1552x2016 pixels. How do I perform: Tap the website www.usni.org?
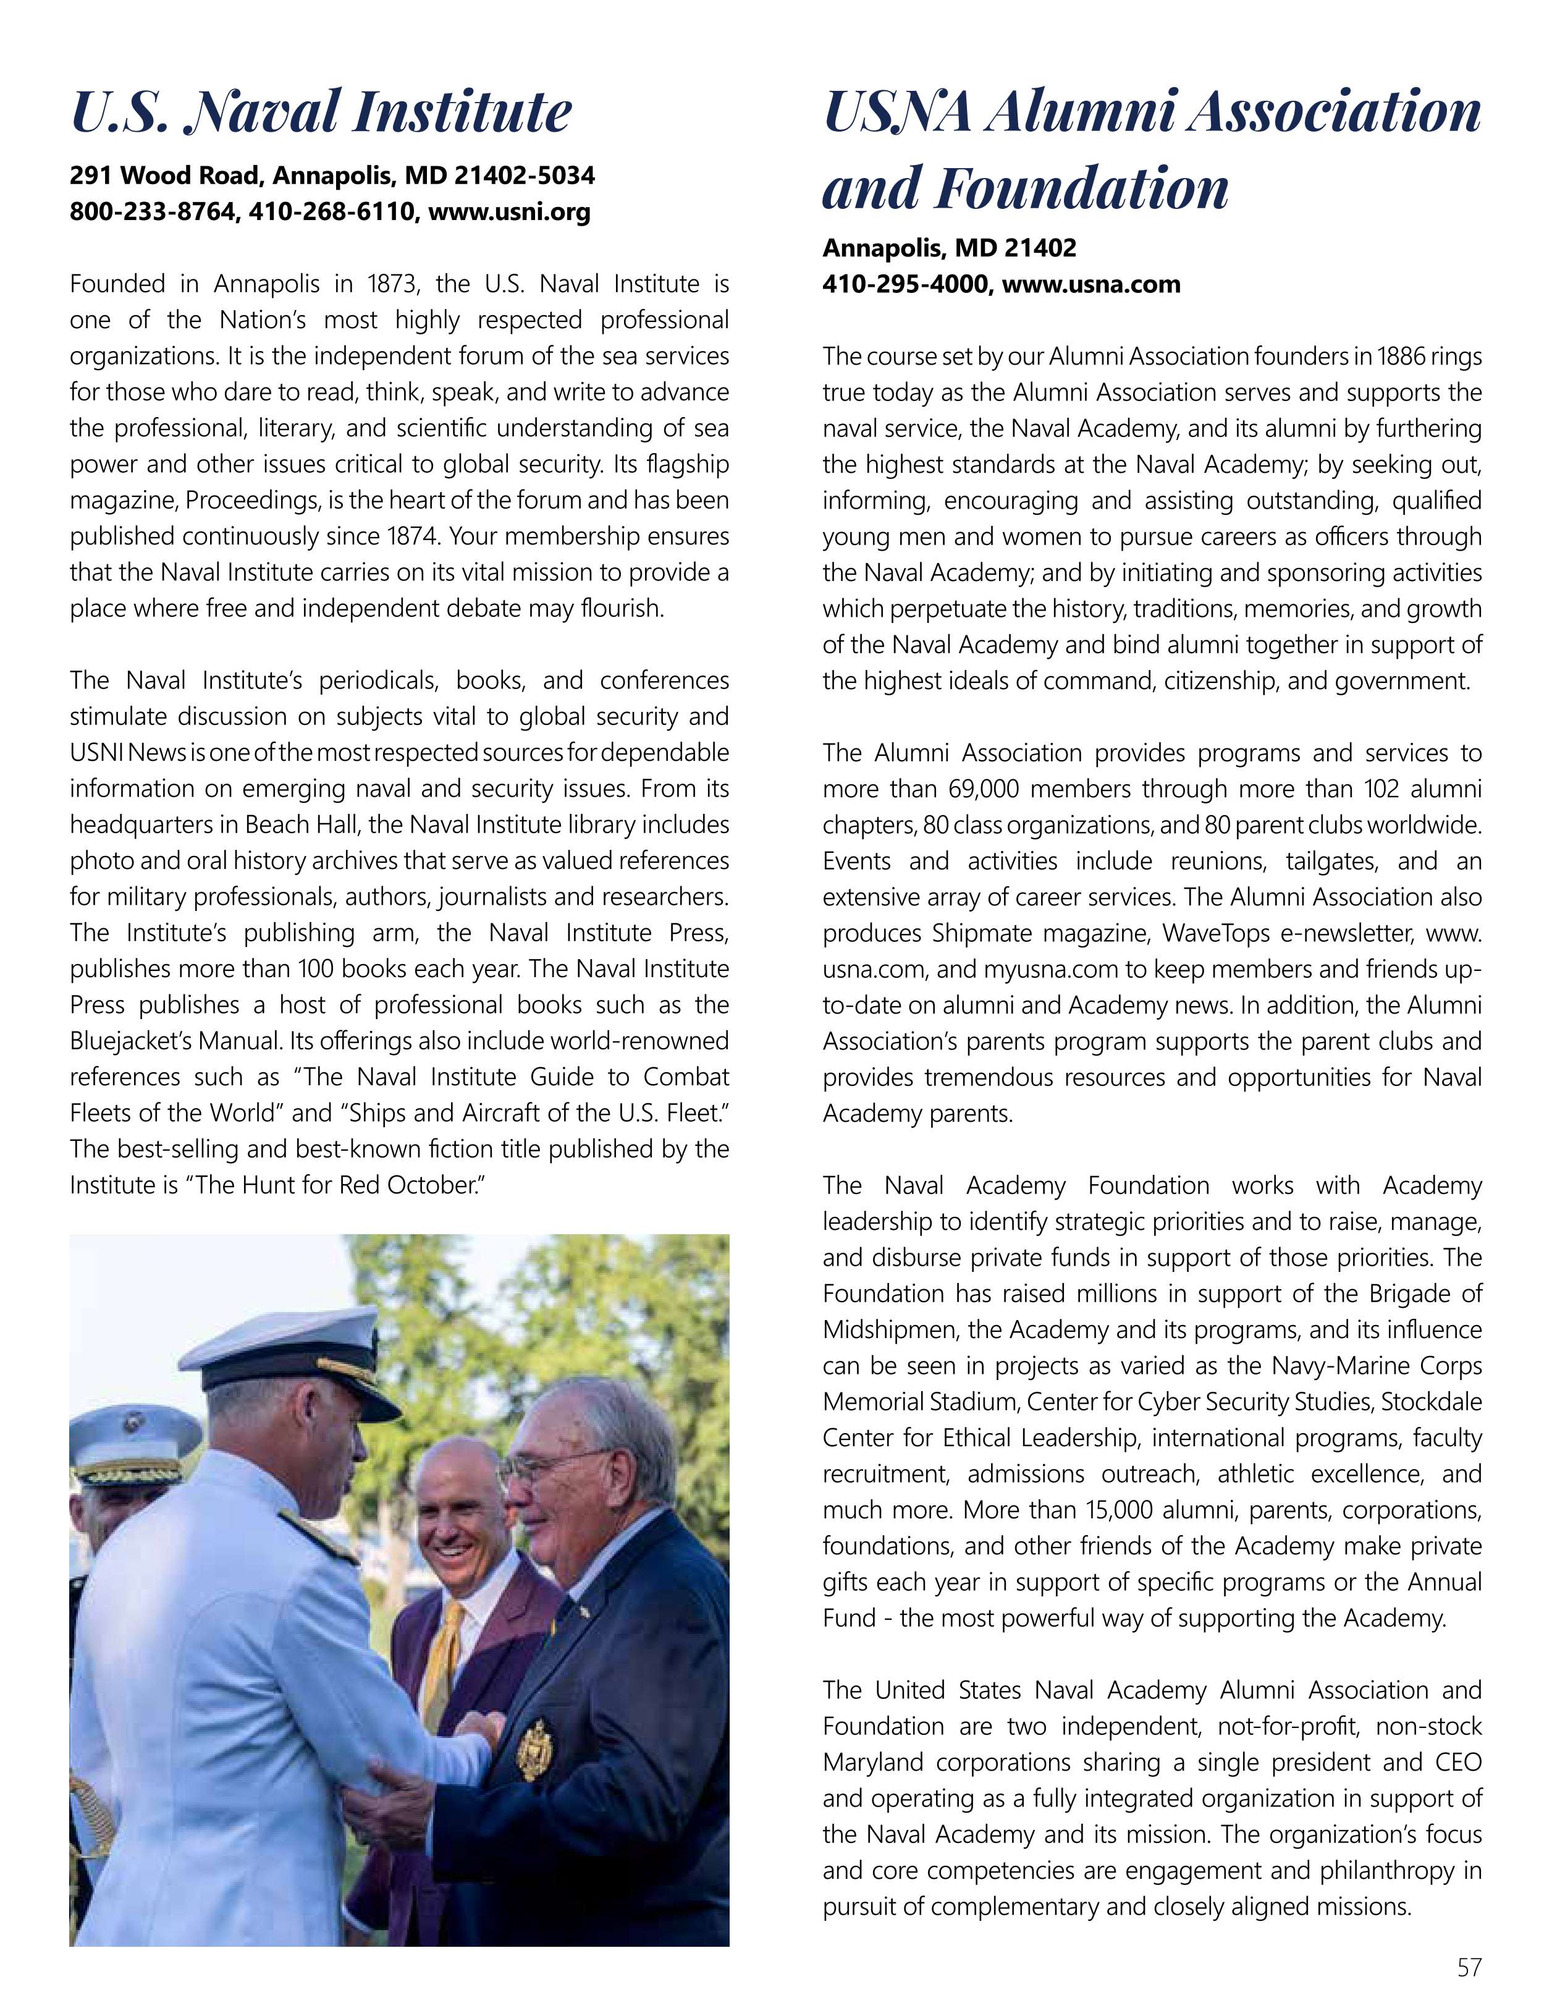[x=509, y=213]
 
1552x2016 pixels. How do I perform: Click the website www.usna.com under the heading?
[x=1092, y=284]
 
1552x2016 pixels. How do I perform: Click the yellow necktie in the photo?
[x=450, y=1638]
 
